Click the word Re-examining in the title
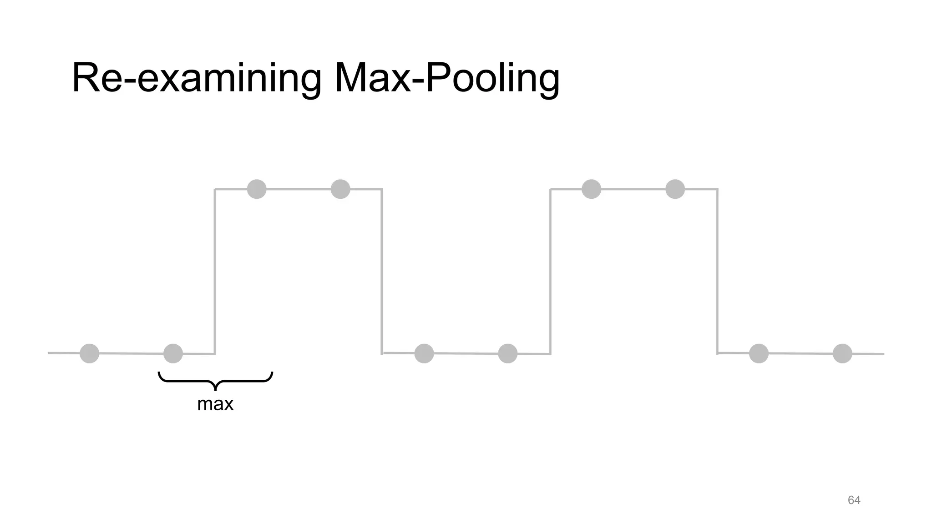pyautogui.click(x=196, y=78)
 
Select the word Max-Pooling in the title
pyautogui.click(x=446, y=78)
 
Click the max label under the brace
pyautogui.click(x=215, y=404)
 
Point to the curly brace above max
pyautogui.click(x=215, y=380)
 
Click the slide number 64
pyautogui.click(x=854, y=500)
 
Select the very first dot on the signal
pyautogui.click(x=89, y=353)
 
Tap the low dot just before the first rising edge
pyautogui.click(x=173, y=353)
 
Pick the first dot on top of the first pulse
pyautogui.click(x=257, y=189)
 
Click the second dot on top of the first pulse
pyautogui.click(x=340, y=189)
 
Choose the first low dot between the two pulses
pyautogui.click(x=424, y=353)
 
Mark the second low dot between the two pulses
pyautogui.click(x=508, y=353)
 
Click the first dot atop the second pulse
pyautogui.click(x=591, y=189)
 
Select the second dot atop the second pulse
pyautogui.click(x=675, y=189)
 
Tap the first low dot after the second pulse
pyautogui.click(x=759, y=353)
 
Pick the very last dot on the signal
pyautogui.click(x=842, y=353)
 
